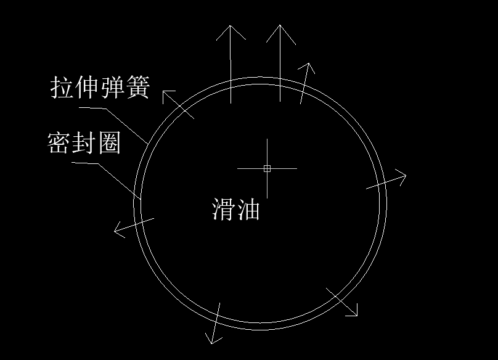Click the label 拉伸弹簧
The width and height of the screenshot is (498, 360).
(100, 87)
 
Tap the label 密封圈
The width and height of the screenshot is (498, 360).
(84, 143)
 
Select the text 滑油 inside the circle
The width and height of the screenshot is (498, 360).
(235, 209)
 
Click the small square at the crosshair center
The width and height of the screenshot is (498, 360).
(267, 168)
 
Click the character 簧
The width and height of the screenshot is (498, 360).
(138, 87)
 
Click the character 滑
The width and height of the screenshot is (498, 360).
(223, 209)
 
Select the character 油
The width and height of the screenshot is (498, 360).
(248, 209)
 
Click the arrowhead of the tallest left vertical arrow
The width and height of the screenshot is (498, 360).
(231, 26)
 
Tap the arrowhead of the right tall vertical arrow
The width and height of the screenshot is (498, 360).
(280, 25)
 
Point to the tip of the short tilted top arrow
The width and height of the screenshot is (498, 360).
(309, 63)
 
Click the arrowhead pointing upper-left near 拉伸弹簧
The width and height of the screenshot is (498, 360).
(163, 91)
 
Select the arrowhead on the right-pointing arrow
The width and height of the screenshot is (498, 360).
(406, 175)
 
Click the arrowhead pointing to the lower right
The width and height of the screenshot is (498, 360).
(357, 316)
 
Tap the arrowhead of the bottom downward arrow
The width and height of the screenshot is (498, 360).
(211, 343)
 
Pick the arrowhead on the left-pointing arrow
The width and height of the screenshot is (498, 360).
(115, 231)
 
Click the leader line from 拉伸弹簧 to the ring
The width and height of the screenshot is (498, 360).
(113, 126)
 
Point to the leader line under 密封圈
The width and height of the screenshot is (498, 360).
(106, 181)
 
